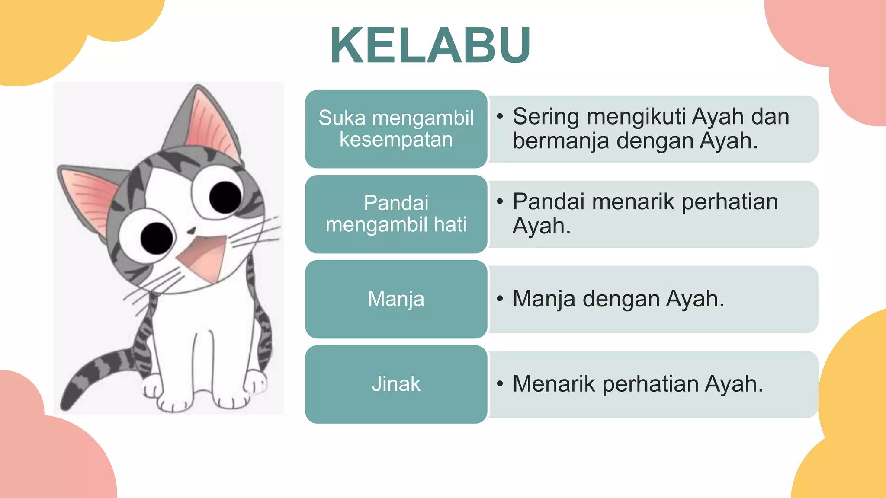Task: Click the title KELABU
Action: pos(430,45)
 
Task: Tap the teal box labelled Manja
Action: pos(396,299)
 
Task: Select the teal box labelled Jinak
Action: pos(396,384)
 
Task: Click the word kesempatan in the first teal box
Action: pos(396,140)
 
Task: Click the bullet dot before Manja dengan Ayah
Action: pos(500,299)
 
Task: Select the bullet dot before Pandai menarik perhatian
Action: pos(500,201)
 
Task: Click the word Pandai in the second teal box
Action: pos(396,203)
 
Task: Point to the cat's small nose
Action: pos(191,230)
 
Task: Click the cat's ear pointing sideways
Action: pos(87,195)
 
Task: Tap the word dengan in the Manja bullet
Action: pos(621,299)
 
